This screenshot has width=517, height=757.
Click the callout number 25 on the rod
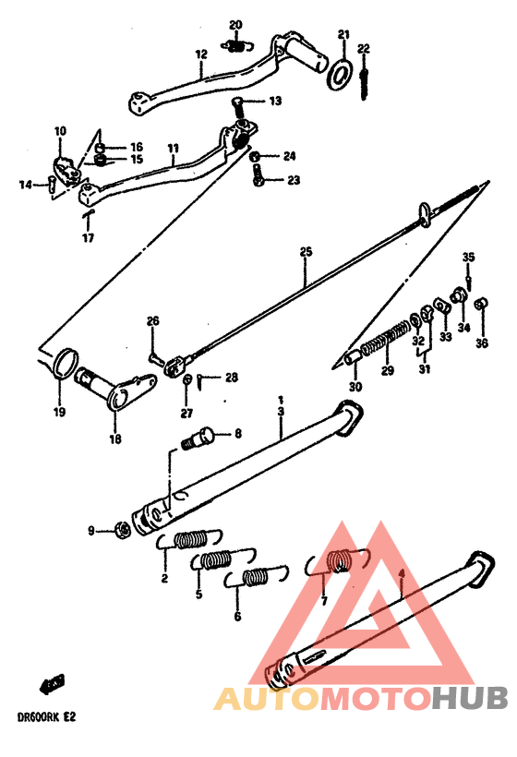(306, 251)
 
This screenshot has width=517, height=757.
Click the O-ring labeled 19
(63, 363)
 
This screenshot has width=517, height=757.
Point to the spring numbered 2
(190, 539)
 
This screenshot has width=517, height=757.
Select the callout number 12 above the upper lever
(199, 54)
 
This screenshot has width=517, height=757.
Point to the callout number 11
(173, 148)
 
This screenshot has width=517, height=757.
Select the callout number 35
(468, 257)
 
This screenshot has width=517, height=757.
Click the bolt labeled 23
(259, 179)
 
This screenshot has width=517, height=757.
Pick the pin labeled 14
(53, 184)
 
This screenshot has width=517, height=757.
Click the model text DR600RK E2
(38, 715)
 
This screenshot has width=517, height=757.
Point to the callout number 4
(401, 573)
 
